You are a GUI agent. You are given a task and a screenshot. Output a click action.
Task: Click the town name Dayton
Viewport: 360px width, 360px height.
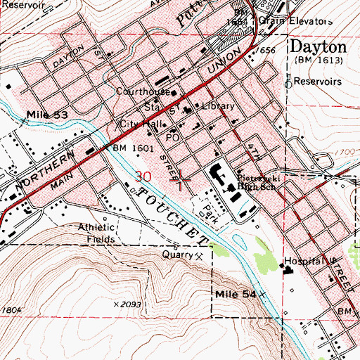click(318, 48)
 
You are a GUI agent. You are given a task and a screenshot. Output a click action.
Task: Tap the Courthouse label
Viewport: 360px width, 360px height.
click(143, 92)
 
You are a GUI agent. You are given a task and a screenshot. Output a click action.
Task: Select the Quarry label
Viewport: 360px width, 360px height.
click(178, 255)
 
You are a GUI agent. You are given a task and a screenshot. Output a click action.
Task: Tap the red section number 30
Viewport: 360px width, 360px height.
click(143, 176)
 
